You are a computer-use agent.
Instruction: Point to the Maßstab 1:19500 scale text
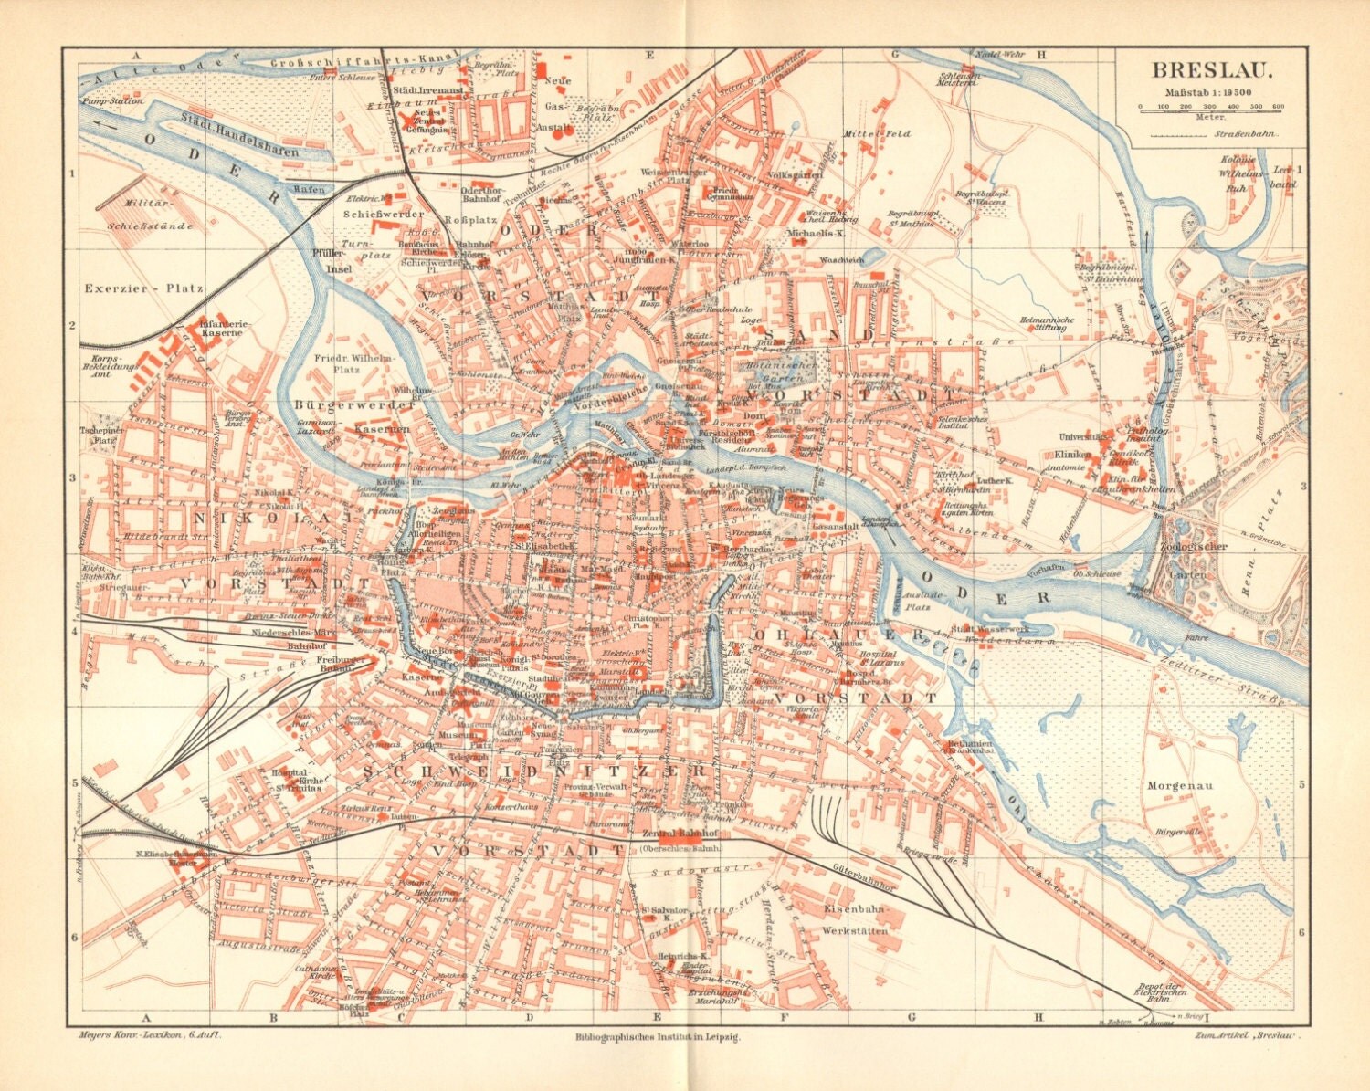[x=1207, y=91]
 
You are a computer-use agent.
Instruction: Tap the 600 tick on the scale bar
[x=1277, y=107]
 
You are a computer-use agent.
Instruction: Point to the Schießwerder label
[x=384, y=214]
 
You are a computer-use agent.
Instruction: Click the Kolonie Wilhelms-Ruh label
[x=1238, y=170]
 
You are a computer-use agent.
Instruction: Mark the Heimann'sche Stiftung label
[x=1048, y=323]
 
